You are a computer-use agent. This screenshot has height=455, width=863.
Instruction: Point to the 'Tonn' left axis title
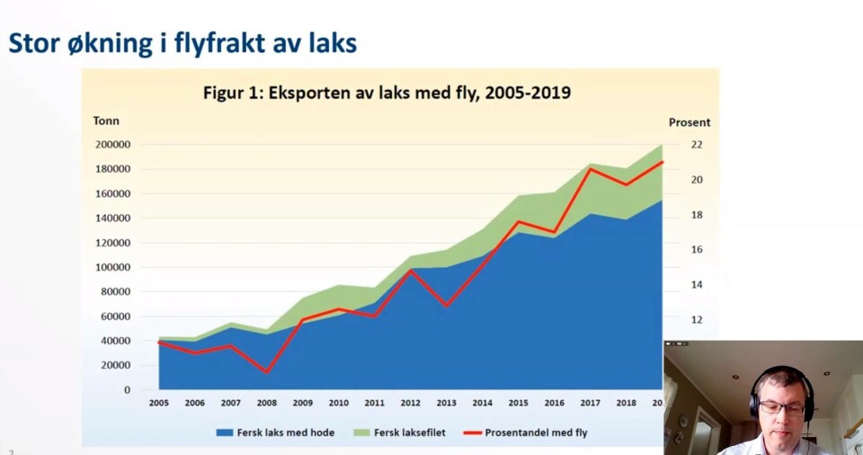click(x=106, y=121)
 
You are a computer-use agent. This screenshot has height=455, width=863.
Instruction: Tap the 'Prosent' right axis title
click(x=689, y=122)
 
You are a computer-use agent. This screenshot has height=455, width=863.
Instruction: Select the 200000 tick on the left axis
click(x=112, y=145)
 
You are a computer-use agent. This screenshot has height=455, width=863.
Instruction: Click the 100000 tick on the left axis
click(x=112, y=268)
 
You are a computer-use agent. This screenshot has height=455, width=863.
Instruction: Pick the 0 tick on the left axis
click(x=127, y=390)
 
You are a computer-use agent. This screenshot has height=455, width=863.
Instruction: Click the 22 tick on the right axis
click(x=697, y=145)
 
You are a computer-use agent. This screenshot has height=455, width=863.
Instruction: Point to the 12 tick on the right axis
click(x=697, y=320)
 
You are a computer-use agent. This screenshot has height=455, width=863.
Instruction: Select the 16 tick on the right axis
click(x=697, y=250)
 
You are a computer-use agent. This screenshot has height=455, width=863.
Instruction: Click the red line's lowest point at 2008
click(x=267, y=372)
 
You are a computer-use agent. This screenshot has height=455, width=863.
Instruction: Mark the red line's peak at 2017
click(x=591, y=169)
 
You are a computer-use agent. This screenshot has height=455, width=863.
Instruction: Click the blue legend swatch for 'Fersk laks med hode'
click(x=225, y=433)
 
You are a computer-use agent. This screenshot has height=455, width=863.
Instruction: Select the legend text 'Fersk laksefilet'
click(x=411, y=433)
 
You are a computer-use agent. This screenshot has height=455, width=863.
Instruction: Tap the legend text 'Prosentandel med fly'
click(x=536, y=433)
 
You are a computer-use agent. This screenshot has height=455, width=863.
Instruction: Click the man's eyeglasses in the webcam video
click(x=781, y=407)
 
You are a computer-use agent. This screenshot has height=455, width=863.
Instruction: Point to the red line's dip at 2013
click(x=447, y=306)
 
